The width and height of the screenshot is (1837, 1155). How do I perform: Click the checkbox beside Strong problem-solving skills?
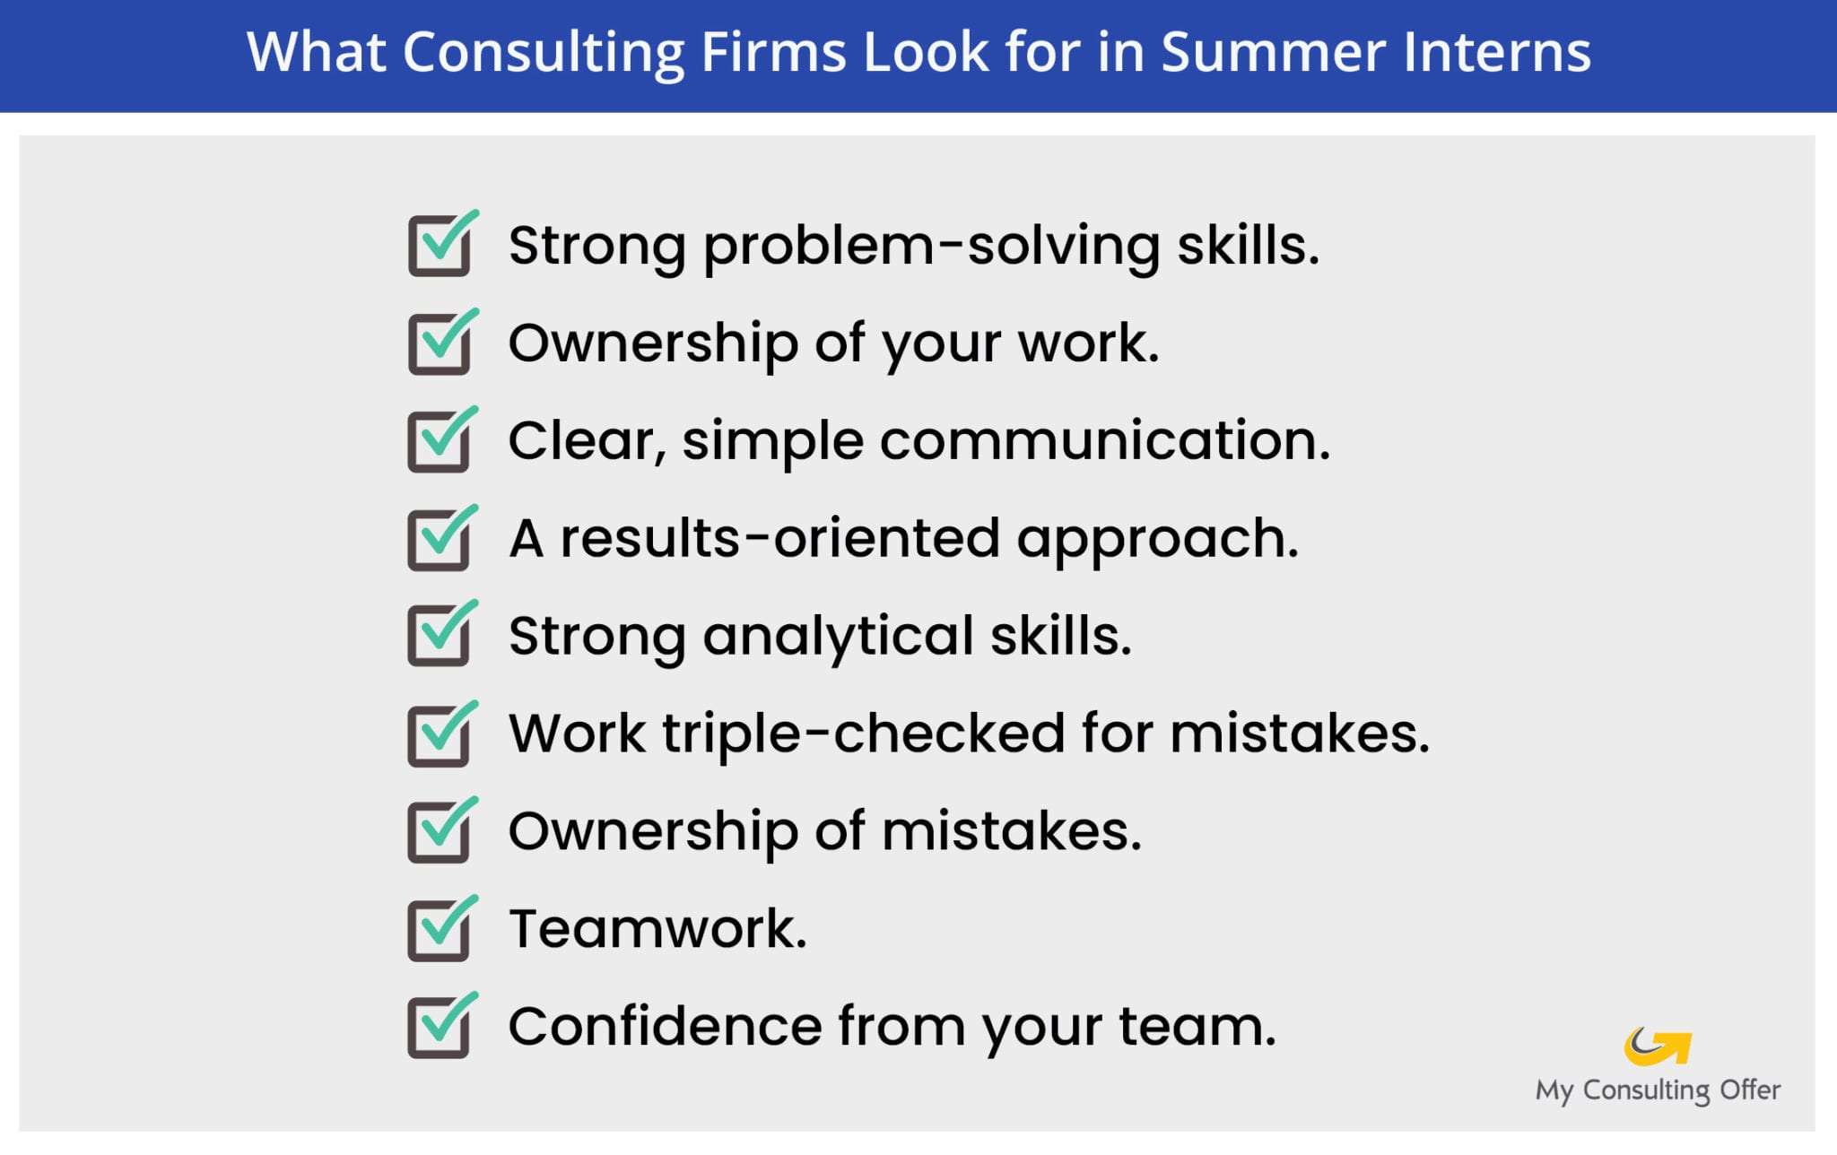point(440,246)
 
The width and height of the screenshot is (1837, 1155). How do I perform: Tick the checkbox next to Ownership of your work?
point(440,343)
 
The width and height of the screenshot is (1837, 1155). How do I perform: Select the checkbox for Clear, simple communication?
point(440,441)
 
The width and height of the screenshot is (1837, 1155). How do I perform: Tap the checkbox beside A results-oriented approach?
point(440,539)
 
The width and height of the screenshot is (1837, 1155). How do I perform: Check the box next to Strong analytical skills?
point(440,636)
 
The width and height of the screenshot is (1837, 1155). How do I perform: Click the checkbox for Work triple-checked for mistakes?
point(440,735)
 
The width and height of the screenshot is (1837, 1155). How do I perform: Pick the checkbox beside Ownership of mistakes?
point(440,831)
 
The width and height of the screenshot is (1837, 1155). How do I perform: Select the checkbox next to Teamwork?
point(440,930)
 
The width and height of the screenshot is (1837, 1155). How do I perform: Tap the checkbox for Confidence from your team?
point(440,1027)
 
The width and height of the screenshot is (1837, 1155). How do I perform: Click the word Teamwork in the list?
point(657,928)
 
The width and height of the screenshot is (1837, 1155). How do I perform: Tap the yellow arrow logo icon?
point(1658,1046)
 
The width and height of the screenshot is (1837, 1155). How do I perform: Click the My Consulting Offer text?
point(1658,1090)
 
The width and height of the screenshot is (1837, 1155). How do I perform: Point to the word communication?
point(1104,440)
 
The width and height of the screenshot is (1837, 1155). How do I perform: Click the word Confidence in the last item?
point(665,1026)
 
